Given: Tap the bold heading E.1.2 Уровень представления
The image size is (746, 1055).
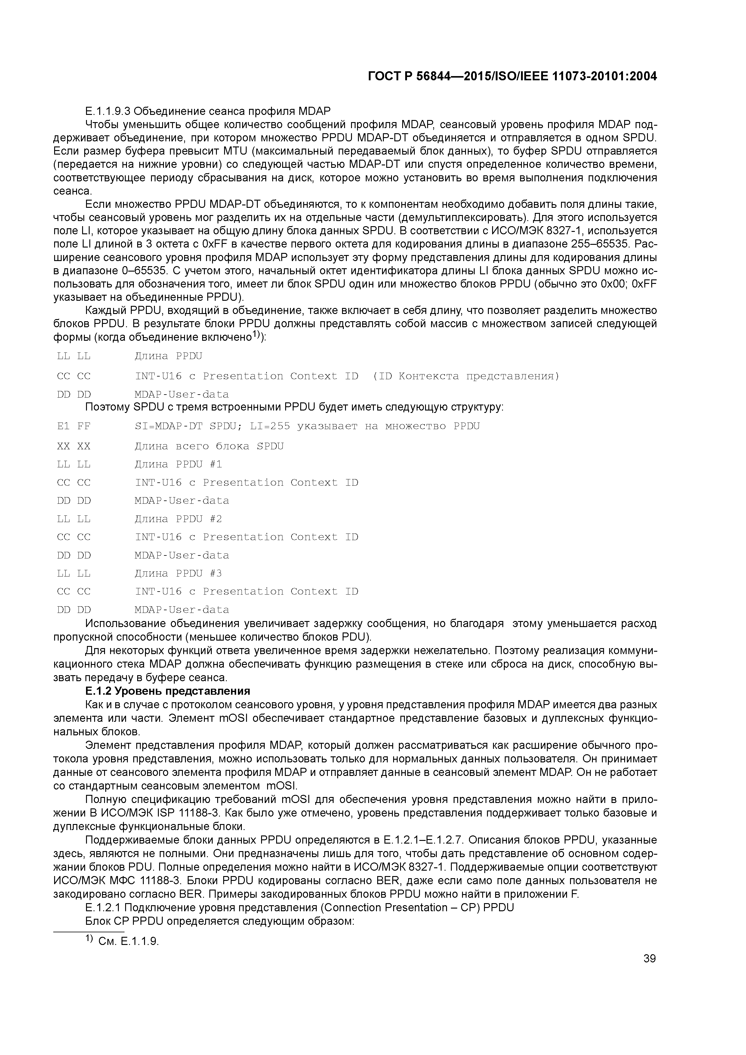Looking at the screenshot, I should click(168, 691).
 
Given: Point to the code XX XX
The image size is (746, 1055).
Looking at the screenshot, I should click(73, 446).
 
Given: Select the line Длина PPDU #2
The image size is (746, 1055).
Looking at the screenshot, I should click(178, 519).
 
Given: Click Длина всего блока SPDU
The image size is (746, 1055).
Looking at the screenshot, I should click(209, 446).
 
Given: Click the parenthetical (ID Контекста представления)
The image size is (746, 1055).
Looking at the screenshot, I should click(466, 376).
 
